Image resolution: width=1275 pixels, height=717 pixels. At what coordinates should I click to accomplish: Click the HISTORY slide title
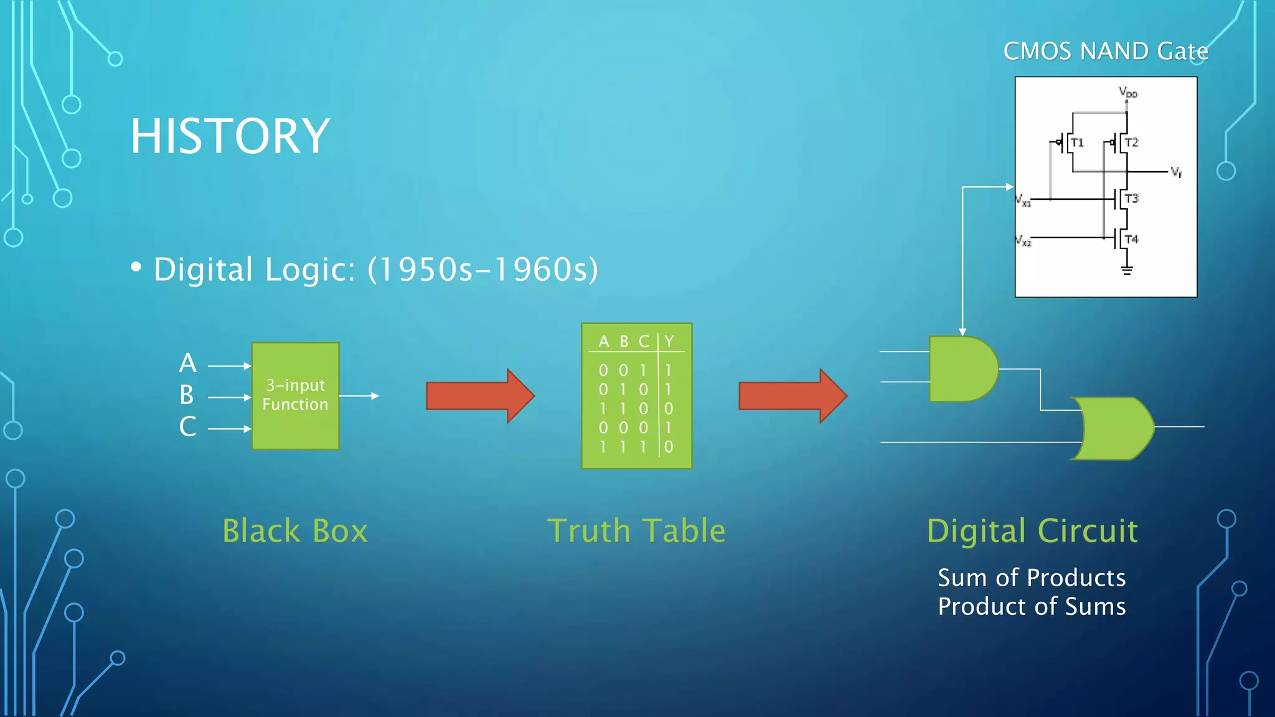coord(230,136)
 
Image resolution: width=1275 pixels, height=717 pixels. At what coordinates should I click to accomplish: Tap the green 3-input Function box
coord(295,395)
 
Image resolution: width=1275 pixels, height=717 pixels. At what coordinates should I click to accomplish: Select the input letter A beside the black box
coord(187,363)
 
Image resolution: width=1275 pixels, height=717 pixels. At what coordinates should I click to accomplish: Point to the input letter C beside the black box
coord(187,427)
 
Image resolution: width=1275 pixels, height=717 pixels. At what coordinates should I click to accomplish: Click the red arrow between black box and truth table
coord(479,396)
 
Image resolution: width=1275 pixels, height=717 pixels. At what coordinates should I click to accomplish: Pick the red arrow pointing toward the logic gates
coord(792,396)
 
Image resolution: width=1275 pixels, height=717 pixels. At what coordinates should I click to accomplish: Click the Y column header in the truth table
coord(669,341)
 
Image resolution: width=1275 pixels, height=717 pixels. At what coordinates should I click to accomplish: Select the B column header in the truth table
coord(624,341)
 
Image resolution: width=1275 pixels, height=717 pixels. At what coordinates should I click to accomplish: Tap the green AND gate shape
coord(962,369)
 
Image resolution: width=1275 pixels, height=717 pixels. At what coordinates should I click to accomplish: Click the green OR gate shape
coord(1114,428)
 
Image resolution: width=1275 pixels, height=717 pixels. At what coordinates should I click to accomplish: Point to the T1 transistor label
coord(1077,143)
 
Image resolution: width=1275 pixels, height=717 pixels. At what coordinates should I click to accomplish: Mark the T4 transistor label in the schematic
coord(1131,240)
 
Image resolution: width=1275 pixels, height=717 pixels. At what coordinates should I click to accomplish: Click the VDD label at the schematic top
coord(1127,93)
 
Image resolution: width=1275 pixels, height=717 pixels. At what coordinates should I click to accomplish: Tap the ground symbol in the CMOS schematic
coord(1126,270)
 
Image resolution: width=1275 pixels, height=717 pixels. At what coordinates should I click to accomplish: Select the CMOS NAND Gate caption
coord(1105,51)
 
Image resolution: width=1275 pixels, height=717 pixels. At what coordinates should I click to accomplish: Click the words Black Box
coord(295,531)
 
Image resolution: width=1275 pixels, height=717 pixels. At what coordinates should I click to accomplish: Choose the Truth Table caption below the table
coord(636,531)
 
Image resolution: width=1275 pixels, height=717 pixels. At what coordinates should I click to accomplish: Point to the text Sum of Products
coord(1032,578)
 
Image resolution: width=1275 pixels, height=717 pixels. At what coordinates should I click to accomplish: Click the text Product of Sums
coord(1032,606)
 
